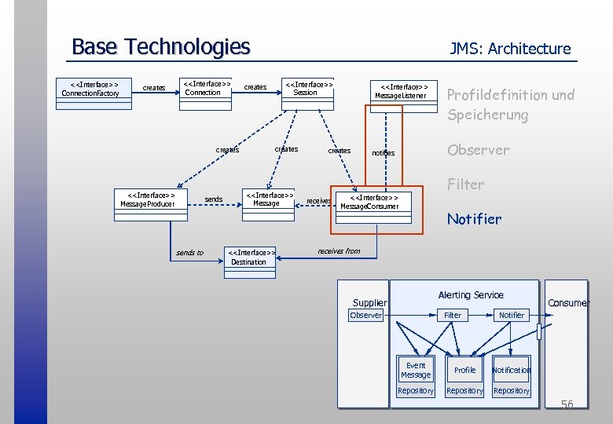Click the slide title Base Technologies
160,47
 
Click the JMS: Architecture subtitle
510,49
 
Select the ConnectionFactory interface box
90,89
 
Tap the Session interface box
308,88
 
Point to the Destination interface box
251,258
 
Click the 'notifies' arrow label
383,153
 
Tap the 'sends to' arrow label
189,253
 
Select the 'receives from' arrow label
339,251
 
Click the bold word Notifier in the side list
474,219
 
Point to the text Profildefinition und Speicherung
511,104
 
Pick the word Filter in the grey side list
465,185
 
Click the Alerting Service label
471,294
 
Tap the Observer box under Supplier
366,315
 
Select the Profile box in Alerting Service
465,370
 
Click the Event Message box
416,370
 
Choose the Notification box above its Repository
512,370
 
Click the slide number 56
567,404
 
